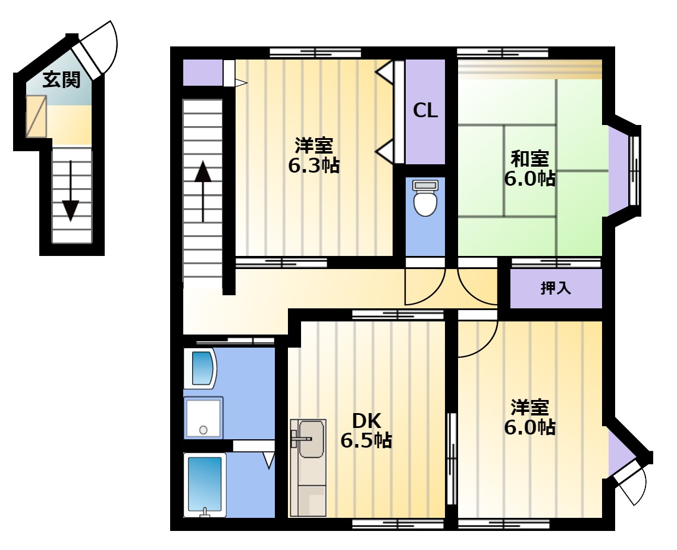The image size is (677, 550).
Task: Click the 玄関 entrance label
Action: click(x=61, y=80)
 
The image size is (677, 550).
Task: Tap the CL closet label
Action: click(x=425, y=111)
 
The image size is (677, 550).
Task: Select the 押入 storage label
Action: click(x=556, y=287)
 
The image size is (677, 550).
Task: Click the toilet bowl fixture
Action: click(x=425, y=198)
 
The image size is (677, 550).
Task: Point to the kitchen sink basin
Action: click(x=311, y=438)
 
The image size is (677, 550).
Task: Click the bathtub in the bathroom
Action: click(x=205, y=485)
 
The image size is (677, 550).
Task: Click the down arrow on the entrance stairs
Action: click(x=70, y=190)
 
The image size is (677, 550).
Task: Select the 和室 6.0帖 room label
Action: click(x=530, y=168)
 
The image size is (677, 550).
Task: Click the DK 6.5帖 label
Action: click(x=366, y=430)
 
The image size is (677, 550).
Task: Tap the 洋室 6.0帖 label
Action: click(x=530, y=417)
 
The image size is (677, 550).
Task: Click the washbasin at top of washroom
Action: click(x=200, y=368)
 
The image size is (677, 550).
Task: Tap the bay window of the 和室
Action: click(x=624, y=171)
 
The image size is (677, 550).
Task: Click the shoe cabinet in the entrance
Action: click(x=36, y=116)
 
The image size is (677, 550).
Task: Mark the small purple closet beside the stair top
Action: click(x=203, y=73)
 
